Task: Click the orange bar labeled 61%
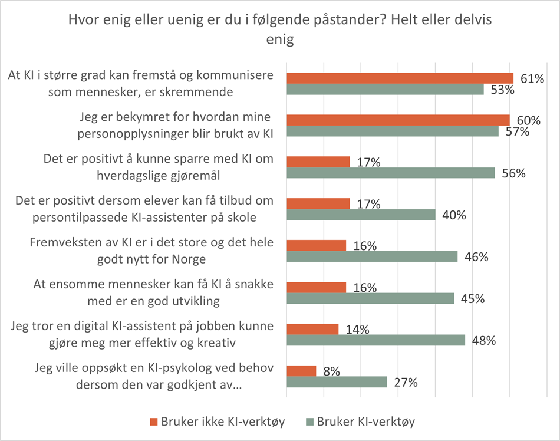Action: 400,78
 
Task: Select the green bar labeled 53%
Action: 385,89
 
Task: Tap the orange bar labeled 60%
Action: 398,120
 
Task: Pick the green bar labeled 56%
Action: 390,173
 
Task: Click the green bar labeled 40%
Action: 361,215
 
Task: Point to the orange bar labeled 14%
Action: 312,329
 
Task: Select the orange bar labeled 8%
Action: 301,371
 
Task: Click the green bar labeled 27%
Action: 337,382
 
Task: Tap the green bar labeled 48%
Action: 375,340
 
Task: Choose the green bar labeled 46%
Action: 372,256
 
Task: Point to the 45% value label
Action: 472,299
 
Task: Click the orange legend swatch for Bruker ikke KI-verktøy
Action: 154,422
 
